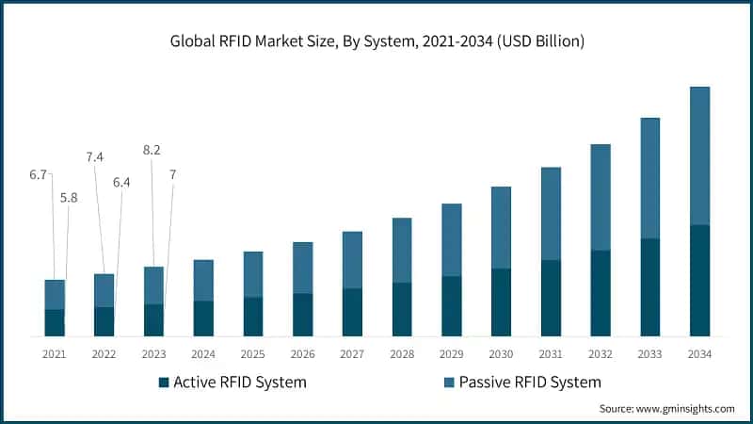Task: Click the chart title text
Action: (x=376, y=41)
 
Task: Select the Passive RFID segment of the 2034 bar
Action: (x=699, y=155)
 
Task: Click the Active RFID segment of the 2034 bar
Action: (x=699, y=281)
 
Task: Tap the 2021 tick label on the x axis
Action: (x=54, y=354)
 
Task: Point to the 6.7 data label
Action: (x=39, y=174)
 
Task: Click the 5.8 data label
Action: (x=69, y=197)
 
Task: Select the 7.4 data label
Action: (x=95, y=157)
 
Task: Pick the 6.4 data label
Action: (x=121, y=182)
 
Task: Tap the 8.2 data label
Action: (x=152, y=149)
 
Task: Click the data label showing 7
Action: (x=172, y=174)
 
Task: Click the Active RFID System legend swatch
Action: (x=164, y=383)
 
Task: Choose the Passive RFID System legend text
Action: (x=530, y=383)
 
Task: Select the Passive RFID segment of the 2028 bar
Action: (x=402, y=250)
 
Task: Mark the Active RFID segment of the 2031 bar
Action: (x=551, y=298)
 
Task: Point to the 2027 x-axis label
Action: (x=352, y=354)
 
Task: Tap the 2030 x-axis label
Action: (x=501, y=354)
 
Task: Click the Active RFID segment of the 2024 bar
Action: (x=203, y=318)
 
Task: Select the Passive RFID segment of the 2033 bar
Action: (x=649, y=178)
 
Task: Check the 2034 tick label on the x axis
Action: (x=699, y=354)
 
